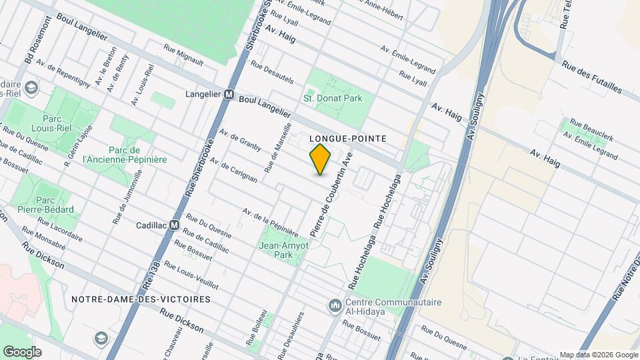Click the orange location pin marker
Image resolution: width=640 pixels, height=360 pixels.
(x=321, y=159)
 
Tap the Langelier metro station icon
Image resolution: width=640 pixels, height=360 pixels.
(x=229, y=95)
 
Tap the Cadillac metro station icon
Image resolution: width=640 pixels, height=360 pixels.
(x=174, y=225)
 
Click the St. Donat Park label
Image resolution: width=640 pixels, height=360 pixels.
(x=333, y=98)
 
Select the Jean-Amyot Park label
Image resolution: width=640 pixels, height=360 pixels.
(x=284, y=250)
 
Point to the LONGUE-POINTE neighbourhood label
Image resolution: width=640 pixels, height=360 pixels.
(x=349, y=138)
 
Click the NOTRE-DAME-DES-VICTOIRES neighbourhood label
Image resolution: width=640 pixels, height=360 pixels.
(x=141, y=300)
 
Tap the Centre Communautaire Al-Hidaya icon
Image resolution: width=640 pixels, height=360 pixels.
(x=334, y=306)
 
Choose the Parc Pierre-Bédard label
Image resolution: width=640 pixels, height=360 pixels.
(x=45, y=205)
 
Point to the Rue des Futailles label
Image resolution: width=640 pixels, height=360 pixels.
(x=591, y=78)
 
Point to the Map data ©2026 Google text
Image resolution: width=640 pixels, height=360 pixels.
(x=598, y=355)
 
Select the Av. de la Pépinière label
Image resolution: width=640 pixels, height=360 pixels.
(x=270, y=221)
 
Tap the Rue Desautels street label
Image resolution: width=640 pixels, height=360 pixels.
(x=271, y=72)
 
